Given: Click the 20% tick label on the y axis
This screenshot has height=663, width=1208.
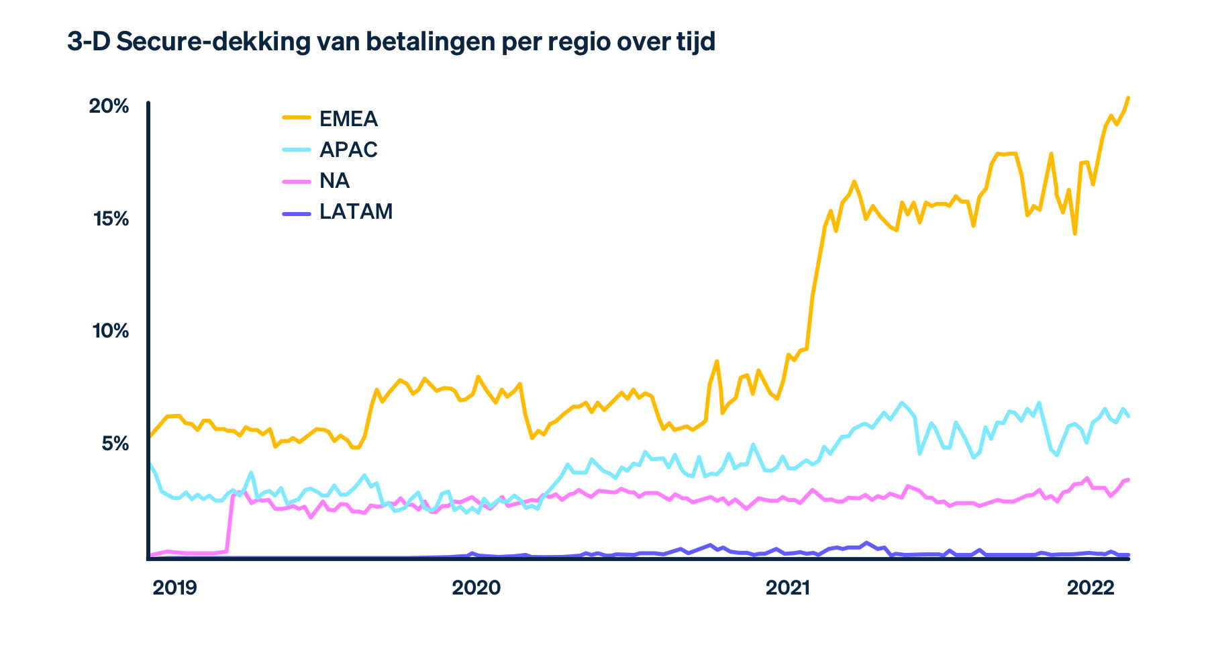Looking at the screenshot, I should click(x=109, y=106).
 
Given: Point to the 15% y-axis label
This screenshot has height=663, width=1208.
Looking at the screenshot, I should click(x=109, y=219).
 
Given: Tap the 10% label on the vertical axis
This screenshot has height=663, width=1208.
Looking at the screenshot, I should click(x=109, y=331).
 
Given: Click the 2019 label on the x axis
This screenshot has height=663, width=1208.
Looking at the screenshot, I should click(x=174, y=588).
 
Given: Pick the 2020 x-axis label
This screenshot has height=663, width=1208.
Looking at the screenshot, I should click(x=476, y=588).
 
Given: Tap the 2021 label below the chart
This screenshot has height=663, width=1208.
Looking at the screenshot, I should click(x=787, y=588).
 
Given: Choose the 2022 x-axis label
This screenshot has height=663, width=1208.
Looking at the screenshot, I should click(x=1091, y=588).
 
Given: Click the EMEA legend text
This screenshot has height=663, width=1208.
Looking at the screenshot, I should click(x=348, y=119).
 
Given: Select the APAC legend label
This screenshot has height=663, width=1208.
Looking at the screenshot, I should click(x=348, y=150).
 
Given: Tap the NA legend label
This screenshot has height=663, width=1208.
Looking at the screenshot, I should click(x=334, y=181).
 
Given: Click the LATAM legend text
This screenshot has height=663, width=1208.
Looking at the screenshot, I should click(x=356, y=211).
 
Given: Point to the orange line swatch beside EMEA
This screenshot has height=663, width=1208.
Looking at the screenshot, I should click(x=296, y=117).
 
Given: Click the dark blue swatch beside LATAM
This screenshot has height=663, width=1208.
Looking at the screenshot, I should click(x=296, y=213).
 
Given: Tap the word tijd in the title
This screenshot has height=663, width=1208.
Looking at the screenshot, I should click(x=693, y=42).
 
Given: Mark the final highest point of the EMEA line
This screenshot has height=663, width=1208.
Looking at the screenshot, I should click(x=1128, y=98).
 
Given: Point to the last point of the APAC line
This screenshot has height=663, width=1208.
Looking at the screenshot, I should click(x=1128, y=416).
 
